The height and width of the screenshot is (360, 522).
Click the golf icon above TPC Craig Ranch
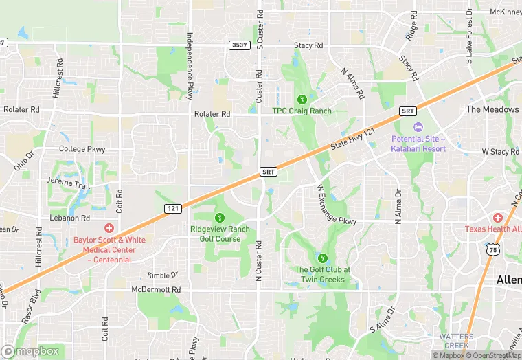(302, 99)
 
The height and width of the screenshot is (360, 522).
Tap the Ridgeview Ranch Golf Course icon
(220, 218)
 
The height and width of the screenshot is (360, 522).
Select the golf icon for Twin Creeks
(322, 259)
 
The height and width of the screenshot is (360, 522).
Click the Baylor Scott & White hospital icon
(108, 228)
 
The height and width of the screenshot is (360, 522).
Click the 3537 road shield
(239, 45)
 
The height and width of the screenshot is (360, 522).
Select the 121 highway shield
(173, 207)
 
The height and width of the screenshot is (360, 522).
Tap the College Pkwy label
(82, 149)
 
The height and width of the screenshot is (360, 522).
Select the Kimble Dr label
(162, 275)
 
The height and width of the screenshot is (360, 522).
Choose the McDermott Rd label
(156, 290)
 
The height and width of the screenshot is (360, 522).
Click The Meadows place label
(492, 109)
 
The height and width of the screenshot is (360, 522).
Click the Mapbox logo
(31, 350)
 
